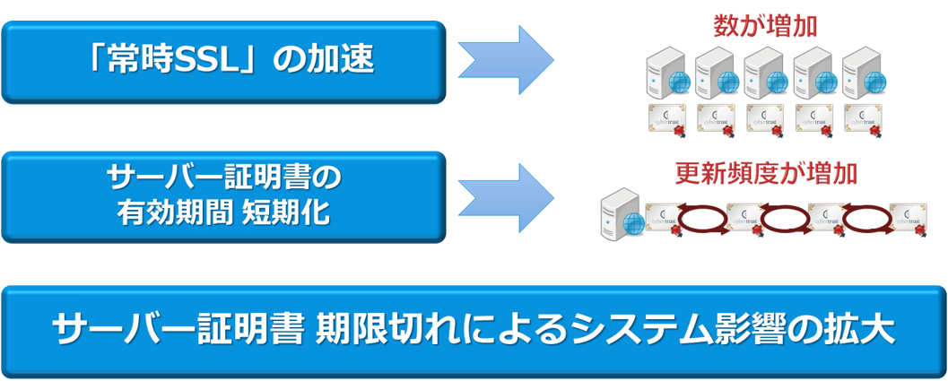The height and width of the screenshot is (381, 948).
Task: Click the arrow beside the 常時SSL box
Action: click(x=507, y=60)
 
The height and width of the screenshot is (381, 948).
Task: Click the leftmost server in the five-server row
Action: click(x=665, y=74)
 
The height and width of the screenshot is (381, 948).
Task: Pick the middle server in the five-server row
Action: click(x=763, y=74)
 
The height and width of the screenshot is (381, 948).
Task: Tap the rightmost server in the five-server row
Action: click(x=862, y=74)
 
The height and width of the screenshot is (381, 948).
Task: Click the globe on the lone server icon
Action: click(x=634, y=223)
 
